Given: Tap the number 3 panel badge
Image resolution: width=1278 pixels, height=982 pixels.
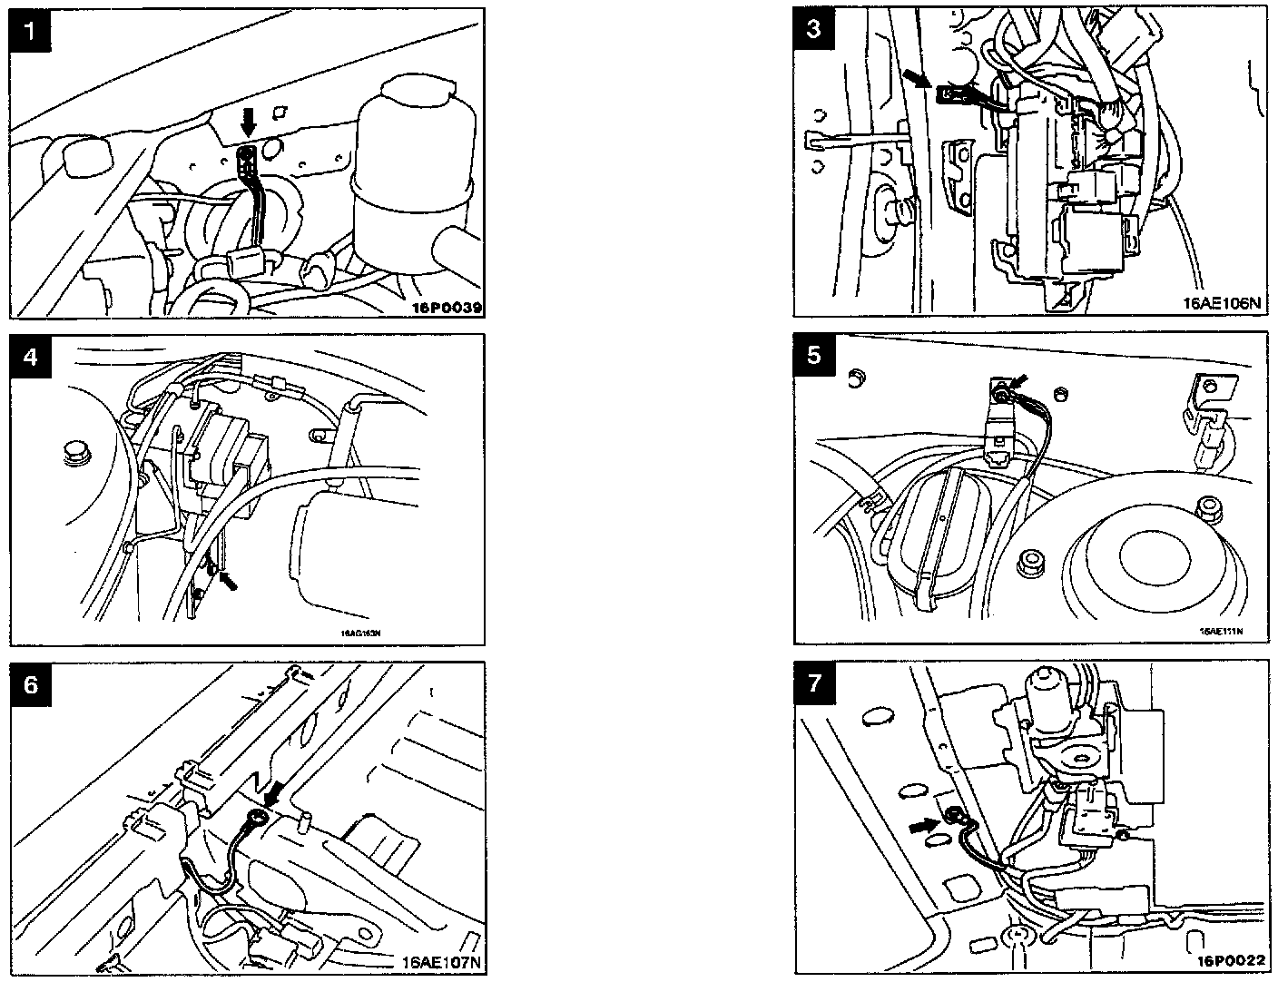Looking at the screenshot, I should point(813,29).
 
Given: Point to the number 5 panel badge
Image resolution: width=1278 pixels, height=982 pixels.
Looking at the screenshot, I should point(813,356).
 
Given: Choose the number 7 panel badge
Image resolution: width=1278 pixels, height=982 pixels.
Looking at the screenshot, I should point(813,682).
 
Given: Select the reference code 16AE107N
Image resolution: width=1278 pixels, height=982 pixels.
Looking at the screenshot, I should point(439,962).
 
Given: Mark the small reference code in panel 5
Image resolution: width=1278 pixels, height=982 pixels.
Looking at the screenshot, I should point(1220,631).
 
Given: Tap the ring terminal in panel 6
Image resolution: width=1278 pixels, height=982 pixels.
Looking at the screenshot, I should point(258,819).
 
